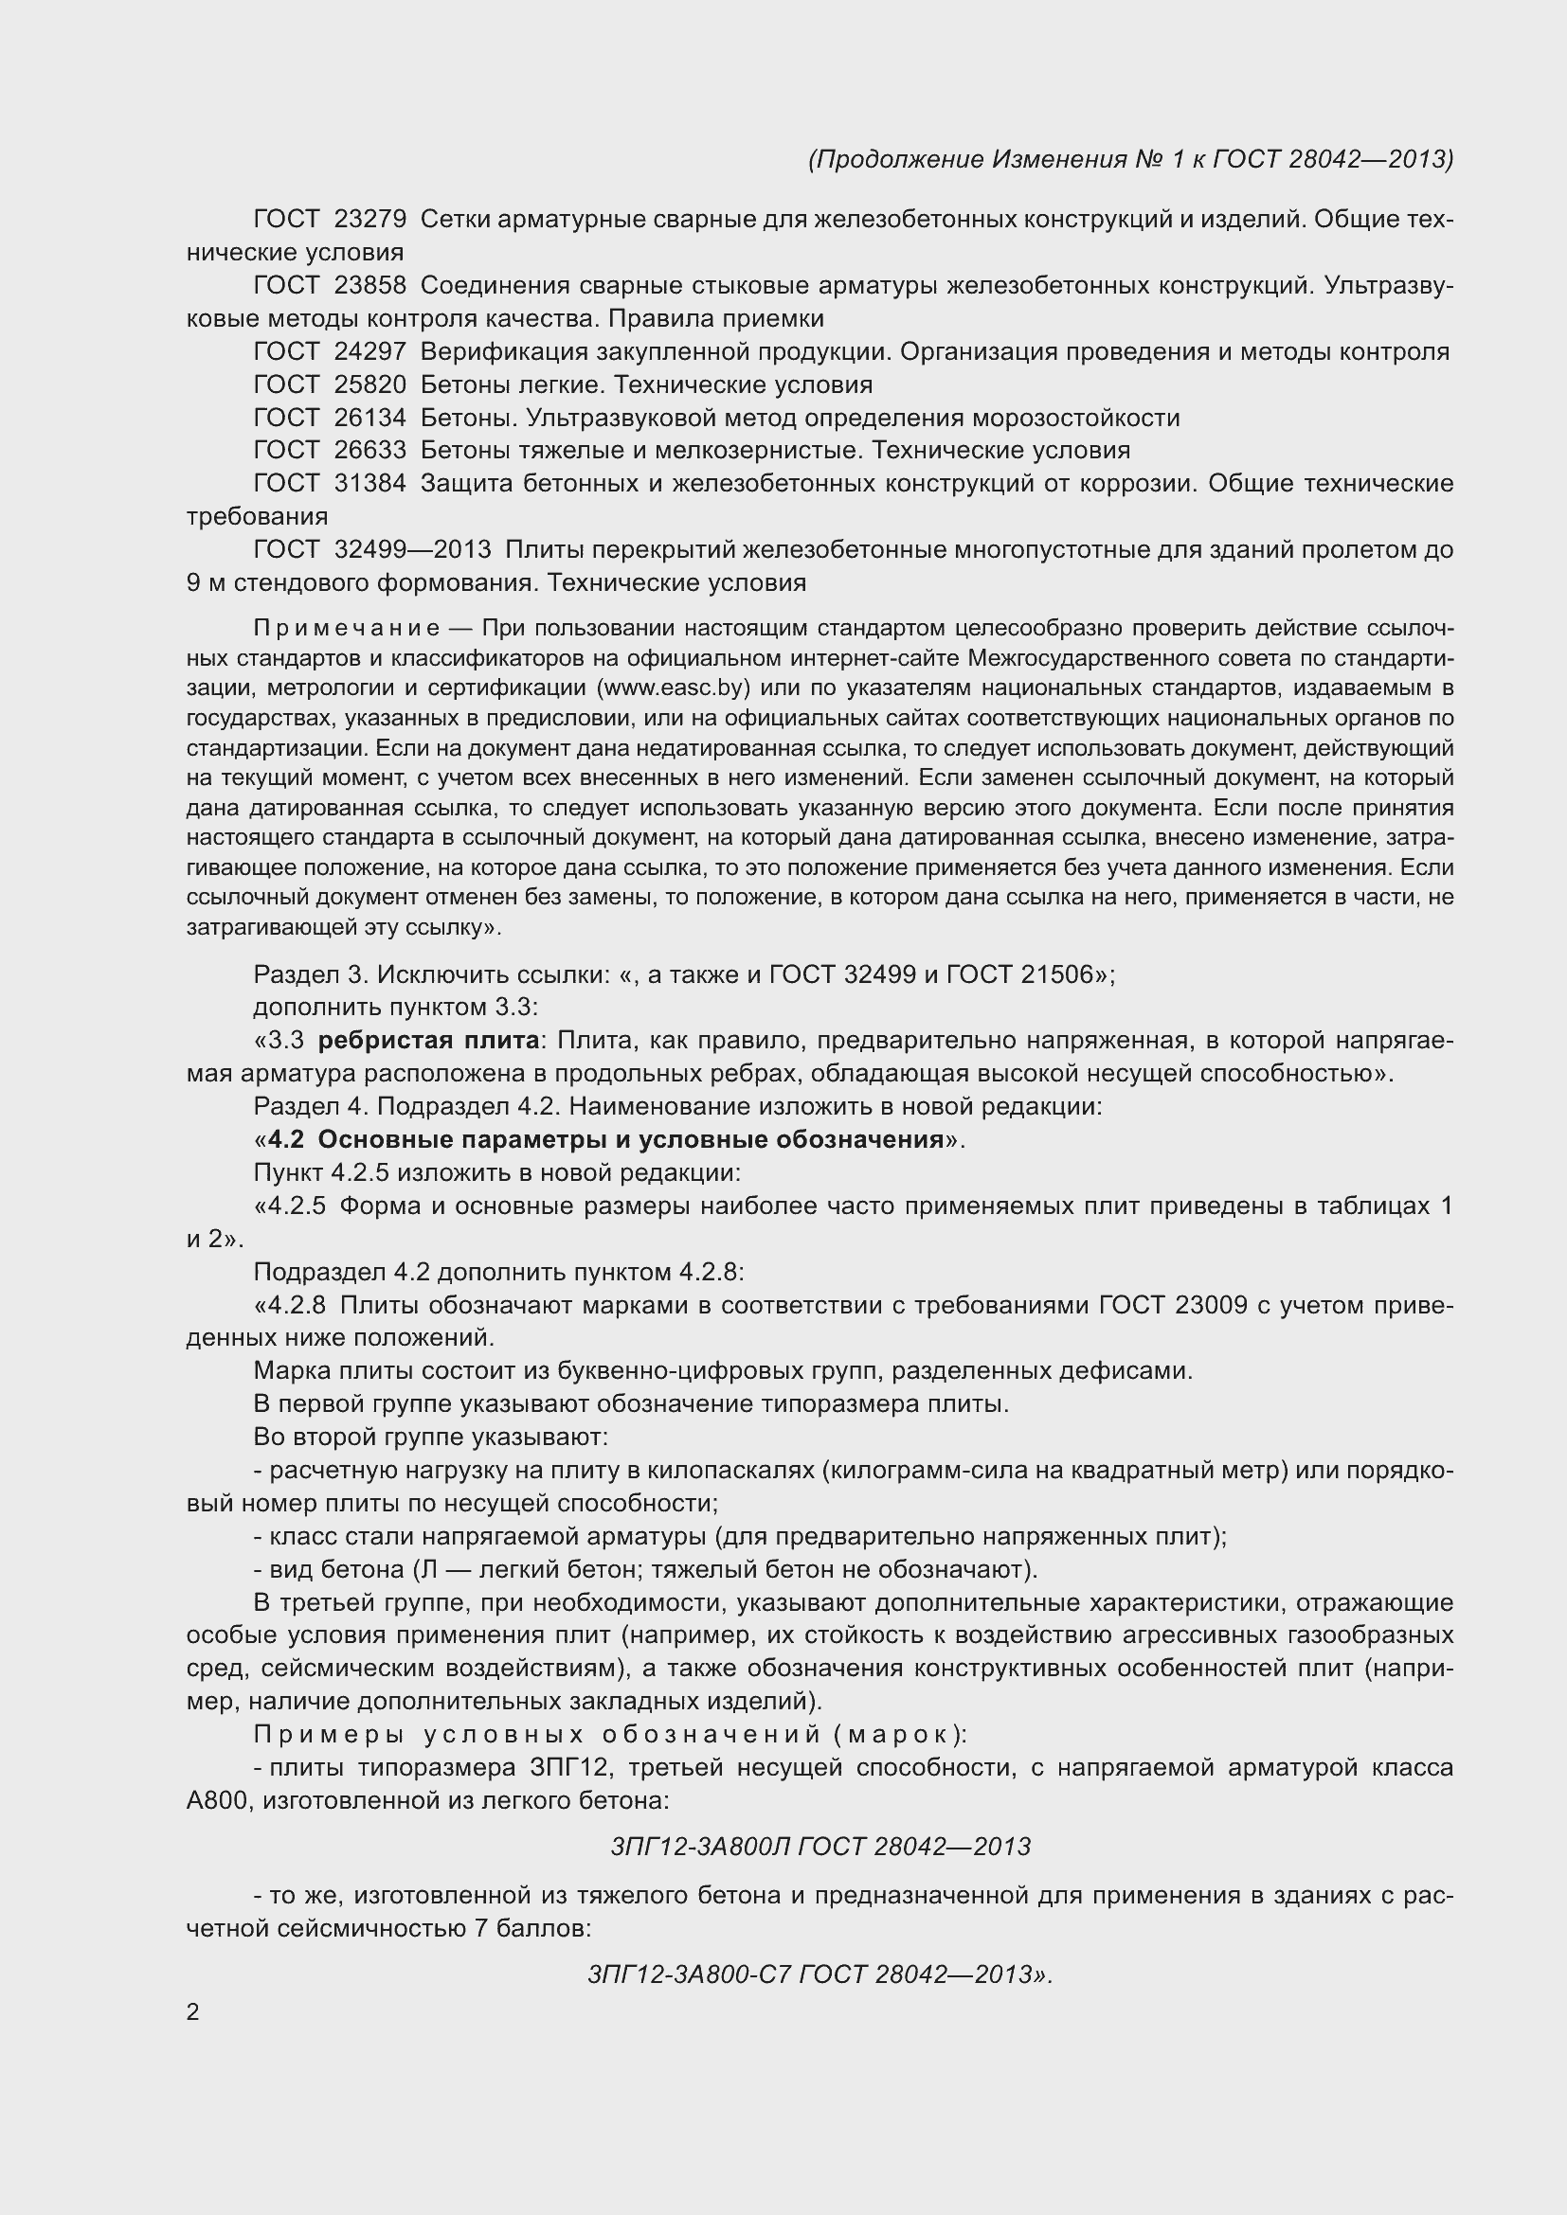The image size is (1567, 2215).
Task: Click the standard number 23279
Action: click(369, 220)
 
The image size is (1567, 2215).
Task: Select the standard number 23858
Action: click(369, 286)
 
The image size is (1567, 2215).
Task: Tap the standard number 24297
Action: click(369, 352)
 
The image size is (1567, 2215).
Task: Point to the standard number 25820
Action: click(369, 384)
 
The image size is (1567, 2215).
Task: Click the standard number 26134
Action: click(369, 418)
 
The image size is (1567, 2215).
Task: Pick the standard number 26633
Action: click(369, 451)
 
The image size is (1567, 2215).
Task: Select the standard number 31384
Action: click(369, 483)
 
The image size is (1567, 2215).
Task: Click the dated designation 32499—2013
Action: click(412, 550)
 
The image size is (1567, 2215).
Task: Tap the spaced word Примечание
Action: click(347, 629)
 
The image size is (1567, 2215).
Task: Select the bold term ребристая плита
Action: click(427, 1041)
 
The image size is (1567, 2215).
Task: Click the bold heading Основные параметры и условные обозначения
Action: click(629, 1140)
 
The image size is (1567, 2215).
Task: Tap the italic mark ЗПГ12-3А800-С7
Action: click(689, 1974)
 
